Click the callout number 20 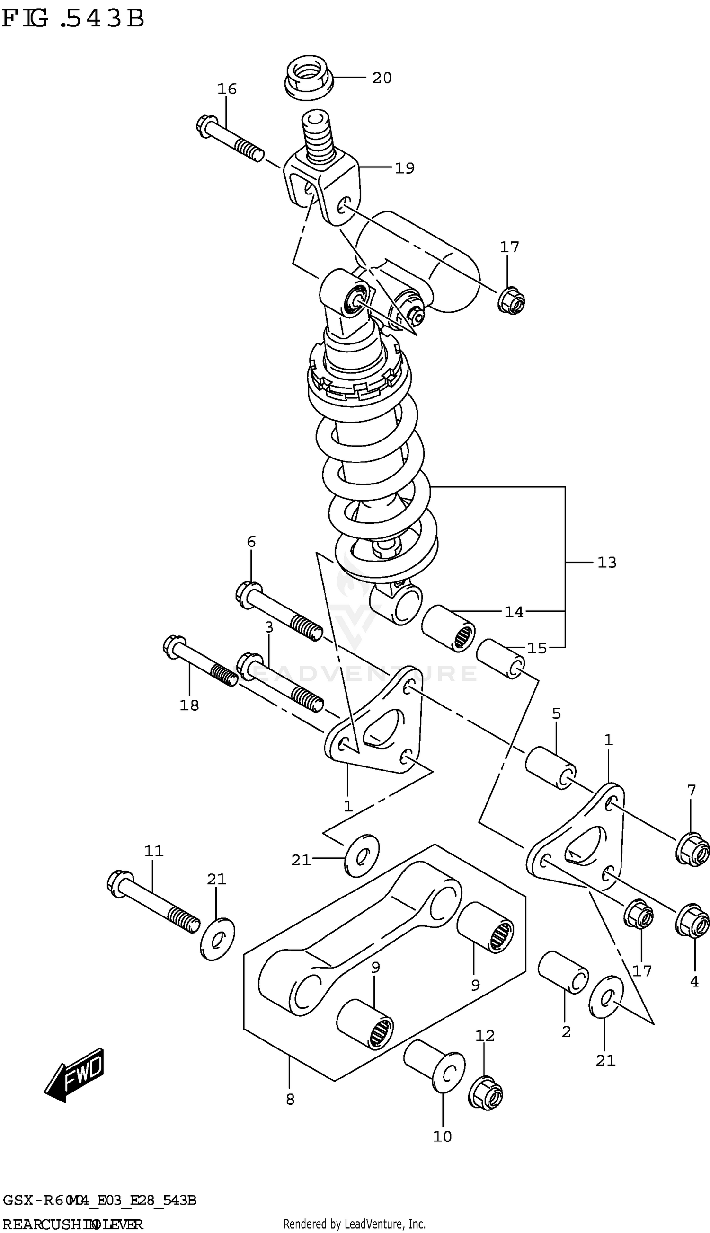(x=382, y=78)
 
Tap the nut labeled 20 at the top (x=308, y=78)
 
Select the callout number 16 (x=227, y=88)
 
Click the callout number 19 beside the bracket (x=404, y=168)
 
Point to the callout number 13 (x=607, y=563)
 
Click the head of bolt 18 (x=174, y=645)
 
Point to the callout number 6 (x=251, y=541)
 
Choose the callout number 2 (x=566, y=1032)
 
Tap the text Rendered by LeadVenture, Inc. (x=355, y=1224)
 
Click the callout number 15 (x=537, y=648)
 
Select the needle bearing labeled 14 (x=448, y=629)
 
